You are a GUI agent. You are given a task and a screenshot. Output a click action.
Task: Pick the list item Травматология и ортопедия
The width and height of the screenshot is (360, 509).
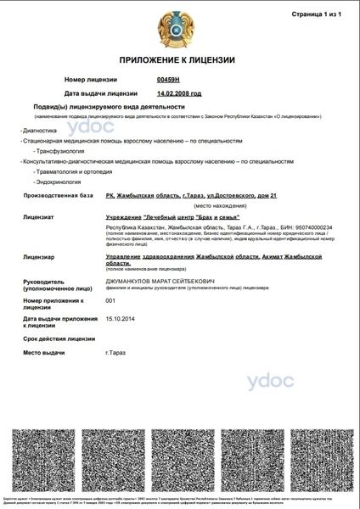[72, 171]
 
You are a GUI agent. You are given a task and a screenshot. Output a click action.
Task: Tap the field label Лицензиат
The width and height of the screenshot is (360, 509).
[40, 218]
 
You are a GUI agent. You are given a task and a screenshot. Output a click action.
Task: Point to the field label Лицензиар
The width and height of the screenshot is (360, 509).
[40, 255]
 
